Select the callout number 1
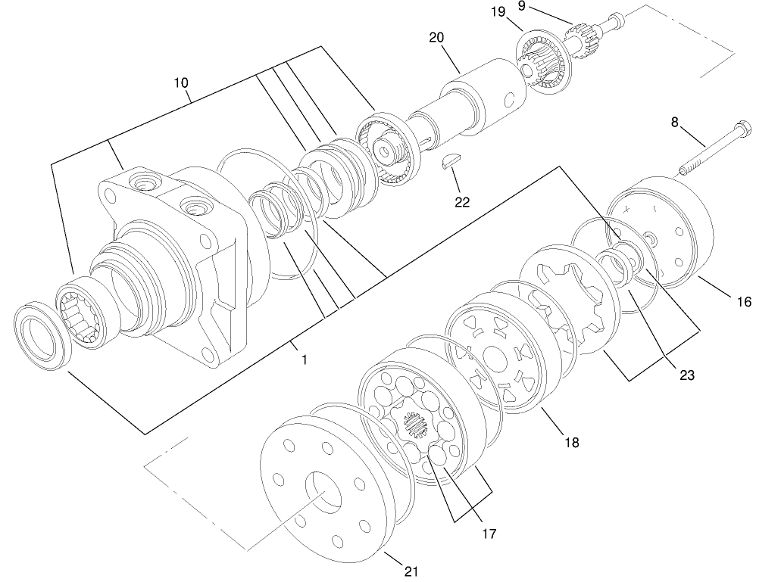[304, 360]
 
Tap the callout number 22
[461, 202]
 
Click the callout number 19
[518, 12]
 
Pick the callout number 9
[542, 6]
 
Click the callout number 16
[744, 301]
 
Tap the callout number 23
[686, 375]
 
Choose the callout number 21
[411, 571]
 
